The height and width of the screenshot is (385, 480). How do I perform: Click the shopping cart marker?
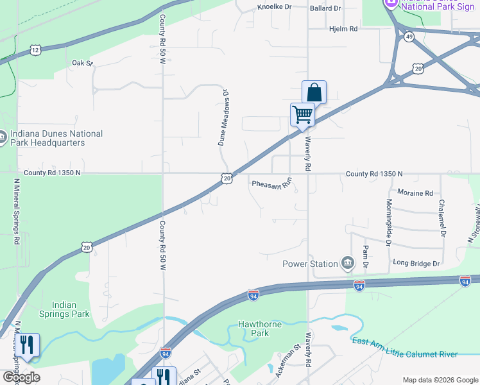[302, 115]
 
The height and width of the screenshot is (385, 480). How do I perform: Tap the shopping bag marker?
[314, 92]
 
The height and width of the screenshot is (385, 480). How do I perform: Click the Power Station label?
[311, 264]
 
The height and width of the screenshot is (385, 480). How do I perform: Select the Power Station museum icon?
[348, 262]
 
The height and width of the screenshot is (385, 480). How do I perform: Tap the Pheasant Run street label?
[271, 183]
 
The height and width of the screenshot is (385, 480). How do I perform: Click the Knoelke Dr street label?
[274, 8]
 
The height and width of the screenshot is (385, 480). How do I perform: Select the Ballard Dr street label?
[325, 8]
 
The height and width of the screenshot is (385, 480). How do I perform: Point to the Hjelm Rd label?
[343, 30]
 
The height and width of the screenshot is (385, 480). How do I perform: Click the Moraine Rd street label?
[415, 193]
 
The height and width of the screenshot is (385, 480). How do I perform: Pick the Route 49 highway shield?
[409, 37]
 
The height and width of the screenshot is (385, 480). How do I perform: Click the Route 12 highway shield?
[35, 49]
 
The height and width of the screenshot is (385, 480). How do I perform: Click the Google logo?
[21, 377]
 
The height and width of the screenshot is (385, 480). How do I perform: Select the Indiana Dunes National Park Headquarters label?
[55, 138]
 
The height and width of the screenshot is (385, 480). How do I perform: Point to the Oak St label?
[82, 63]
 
